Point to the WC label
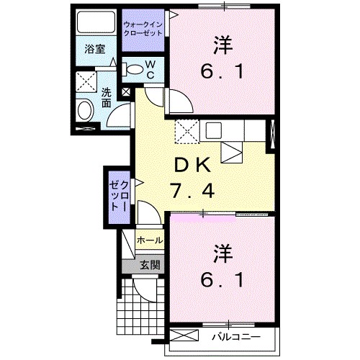tap(151, 69)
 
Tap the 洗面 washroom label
tap(105, 98)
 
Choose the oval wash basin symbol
tap(86, 111)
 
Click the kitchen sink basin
tap(214, 130)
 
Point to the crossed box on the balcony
tap(184, 336)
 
